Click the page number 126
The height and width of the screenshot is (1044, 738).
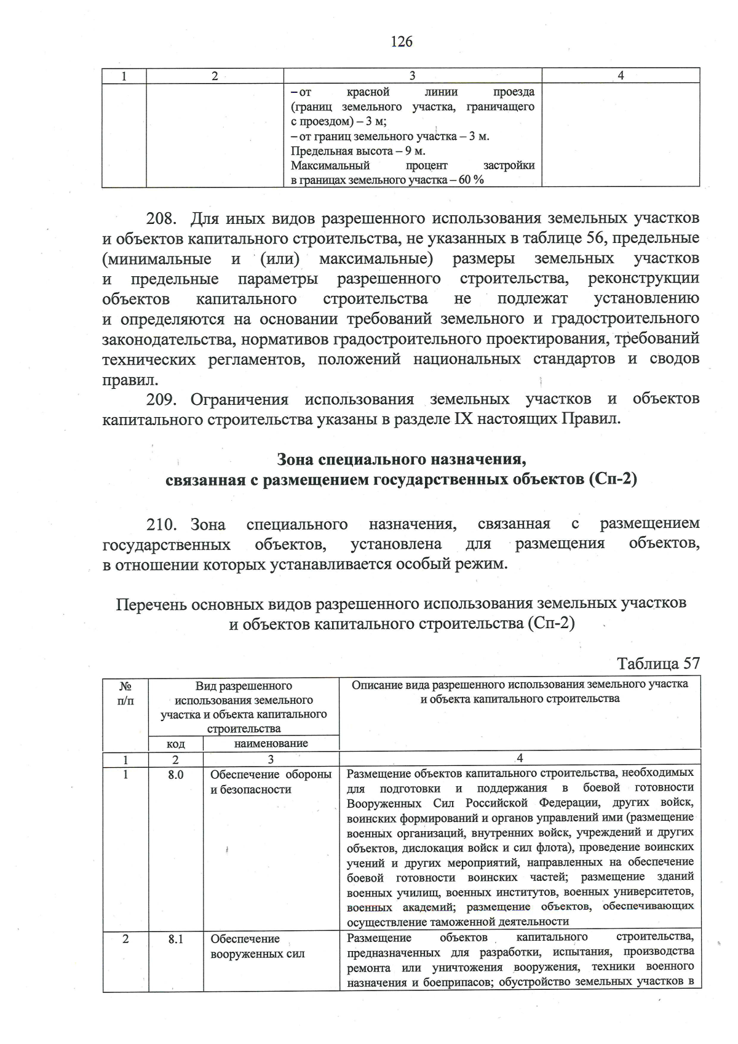[x=401, y=41]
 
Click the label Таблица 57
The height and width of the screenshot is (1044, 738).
[x=658, y=663]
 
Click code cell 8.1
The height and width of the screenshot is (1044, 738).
[x=175, y=939]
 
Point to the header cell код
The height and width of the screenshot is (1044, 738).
[x=175, y=744]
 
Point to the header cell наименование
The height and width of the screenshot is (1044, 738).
[x=271, y=743]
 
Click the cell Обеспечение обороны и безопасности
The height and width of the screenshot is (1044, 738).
[x=271, y=781]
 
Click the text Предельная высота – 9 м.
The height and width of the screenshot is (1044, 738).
[x=358, y=151]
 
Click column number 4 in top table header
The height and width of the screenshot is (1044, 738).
[x=621, y=76]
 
